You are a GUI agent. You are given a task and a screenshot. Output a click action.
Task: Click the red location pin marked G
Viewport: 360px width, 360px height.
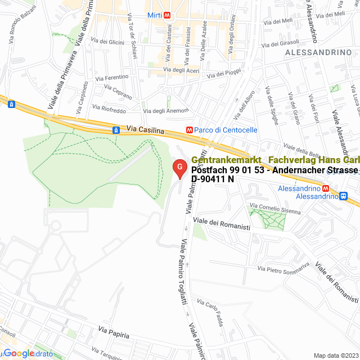click(x=179, y=168)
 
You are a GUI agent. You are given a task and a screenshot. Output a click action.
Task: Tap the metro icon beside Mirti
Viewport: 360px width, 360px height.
click(x=168, y=16)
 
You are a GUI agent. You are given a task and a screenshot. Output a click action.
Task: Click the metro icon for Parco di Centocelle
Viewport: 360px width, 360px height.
click(x=190, y=130)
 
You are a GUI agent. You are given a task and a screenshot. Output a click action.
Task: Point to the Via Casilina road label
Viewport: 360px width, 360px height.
click(x=145, y=130)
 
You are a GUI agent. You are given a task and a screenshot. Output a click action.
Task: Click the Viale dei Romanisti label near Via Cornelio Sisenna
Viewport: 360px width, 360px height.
click(x=221, y=223)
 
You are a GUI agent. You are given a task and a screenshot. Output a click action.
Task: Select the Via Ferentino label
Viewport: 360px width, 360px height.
click(x=112, y=77)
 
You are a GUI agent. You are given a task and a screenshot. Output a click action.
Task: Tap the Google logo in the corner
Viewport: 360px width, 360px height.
click(x=19, y=353)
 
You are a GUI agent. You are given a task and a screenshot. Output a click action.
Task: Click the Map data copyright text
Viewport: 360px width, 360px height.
click(x=335, y=355)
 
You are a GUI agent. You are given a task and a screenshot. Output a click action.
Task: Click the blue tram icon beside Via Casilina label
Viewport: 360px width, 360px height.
click(x=116, y=130)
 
